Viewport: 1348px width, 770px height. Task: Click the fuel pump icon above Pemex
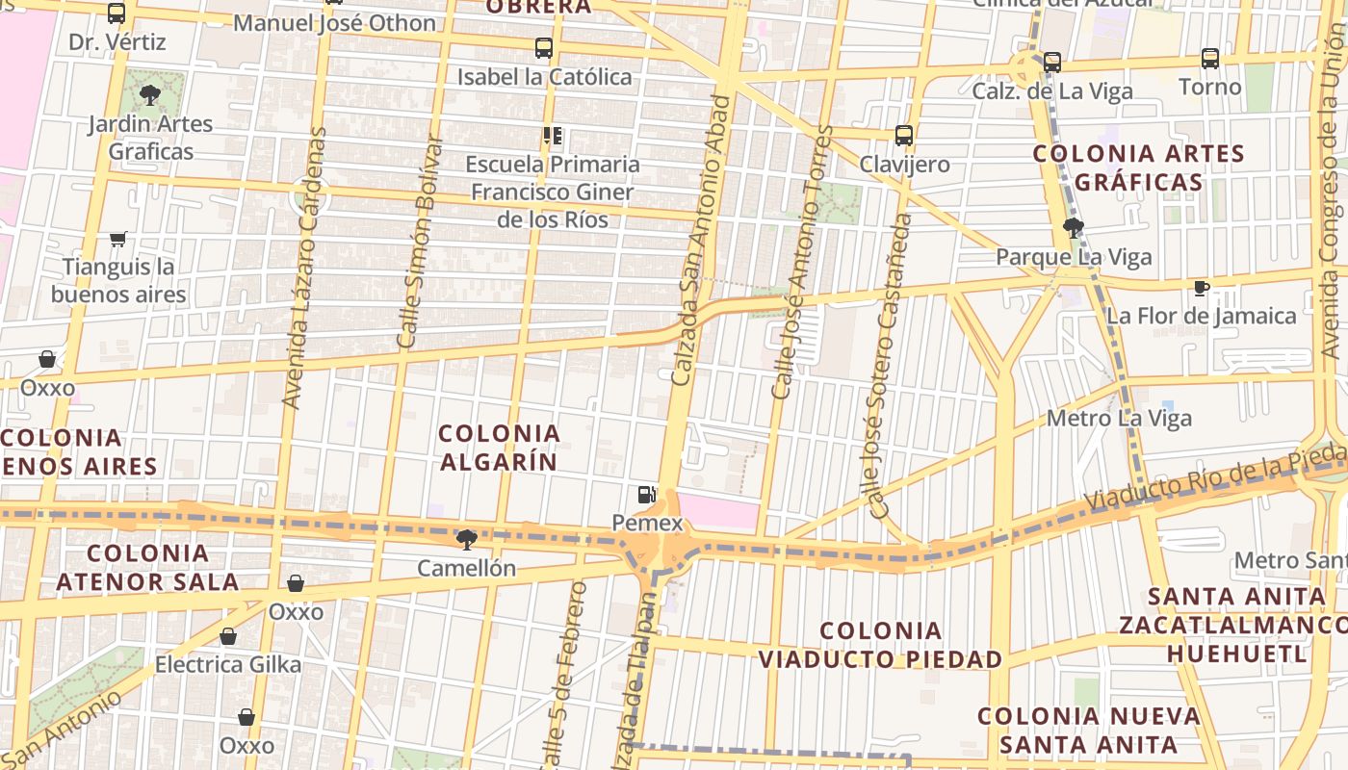pyautogui.click(x=647, y=496)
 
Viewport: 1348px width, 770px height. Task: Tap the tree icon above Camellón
pyautogui.click(x=467, y=539)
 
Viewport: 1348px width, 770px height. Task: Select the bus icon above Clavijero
pyautogui.click(x=903, y=136)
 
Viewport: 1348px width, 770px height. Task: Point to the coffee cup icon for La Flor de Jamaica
pyautogui.click(x=1201, y=288)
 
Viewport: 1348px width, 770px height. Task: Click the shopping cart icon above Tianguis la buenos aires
pyautogui.click(x=118, y=239)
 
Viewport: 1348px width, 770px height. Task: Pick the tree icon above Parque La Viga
pyautogui.click(x=1073, y=228)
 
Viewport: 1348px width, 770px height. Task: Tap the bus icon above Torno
pyautogui.click(x=1210, y=59)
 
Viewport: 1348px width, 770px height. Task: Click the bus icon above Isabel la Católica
pyautogui.click(x=544, y=48)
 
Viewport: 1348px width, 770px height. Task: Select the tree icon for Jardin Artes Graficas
pyautogui.click(x=149, y=94)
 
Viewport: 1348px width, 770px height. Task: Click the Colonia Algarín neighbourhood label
pyautogui.click(x=499, y=448)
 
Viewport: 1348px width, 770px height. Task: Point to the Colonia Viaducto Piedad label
pyautogui.click(x=880, y=645)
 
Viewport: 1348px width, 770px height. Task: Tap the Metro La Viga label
pyautogui.click(x=1119, y=419)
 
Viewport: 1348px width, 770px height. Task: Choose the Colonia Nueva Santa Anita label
pyautogui.click(x=1088, y=730)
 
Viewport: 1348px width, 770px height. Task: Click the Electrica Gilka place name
pyautogui.click(x=228, y=664)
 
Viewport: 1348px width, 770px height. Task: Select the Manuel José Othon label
pyautogui.click(x=335, y=22)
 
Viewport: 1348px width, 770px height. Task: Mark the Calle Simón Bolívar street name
pyautogui.click(x=421, y=241)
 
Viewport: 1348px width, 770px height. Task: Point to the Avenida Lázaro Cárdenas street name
pyautogui.click(x=305, y=268)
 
